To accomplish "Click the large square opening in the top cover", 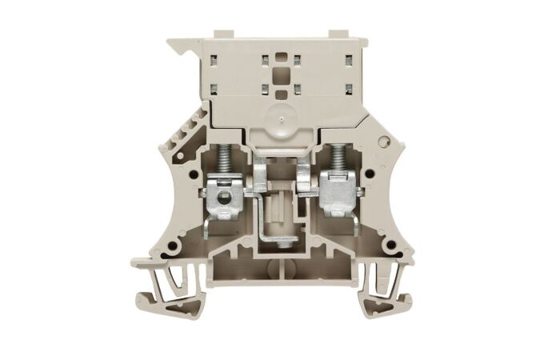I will (x=279, y=76).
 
